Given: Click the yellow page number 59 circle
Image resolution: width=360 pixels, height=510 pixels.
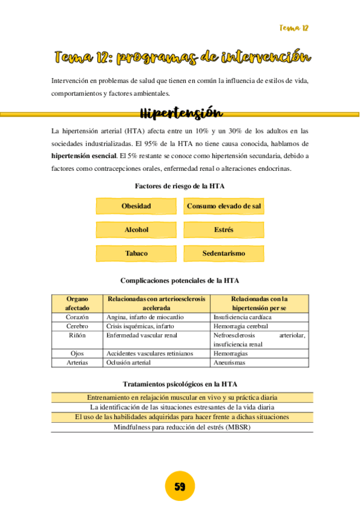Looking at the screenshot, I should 180,486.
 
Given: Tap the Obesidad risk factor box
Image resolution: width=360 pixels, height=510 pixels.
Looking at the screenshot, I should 136,206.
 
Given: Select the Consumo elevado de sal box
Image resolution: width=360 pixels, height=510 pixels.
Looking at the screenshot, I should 224,206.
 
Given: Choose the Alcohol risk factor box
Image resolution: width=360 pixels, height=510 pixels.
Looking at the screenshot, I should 136,230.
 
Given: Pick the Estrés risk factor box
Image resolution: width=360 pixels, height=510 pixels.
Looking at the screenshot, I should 224,230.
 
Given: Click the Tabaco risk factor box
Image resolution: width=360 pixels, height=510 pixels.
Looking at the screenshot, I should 136,253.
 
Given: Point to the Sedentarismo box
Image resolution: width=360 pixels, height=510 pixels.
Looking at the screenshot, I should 224,253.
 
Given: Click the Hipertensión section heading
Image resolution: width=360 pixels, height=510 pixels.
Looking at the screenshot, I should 181,113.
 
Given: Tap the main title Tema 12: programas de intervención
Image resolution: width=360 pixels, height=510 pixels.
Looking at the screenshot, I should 182,58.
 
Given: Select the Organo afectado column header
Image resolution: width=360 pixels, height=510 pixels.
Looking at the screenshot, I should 77,303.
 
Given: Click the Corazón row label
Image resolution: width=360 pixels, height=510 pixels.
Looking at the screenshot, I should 77,317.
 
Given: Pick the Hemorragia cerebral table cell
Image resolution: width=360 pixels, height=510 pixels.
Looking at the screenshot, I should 240,326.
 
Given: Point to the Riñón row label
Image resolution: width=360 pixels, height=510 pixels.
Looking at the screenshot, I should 77,335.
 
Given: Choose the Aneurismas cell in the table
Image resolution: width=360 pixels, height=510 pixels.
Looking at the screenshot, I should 230,363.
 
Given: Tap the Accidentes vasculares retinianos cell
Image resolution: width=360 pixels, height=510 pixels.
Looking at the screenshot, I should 150,354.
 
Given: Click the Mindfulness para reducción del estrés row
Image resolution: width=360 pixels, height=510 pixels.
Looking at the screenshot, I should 182,427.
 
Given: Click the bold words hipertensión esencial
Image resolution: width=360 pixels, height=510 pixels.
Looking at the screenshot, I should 84,156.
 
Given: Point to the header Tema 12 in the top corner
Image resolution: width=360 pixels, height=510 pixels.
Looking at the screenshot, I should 294,28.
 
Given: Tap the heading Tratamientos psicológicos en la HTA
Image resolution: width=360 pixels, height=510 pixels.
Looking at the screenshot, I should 180,384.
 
